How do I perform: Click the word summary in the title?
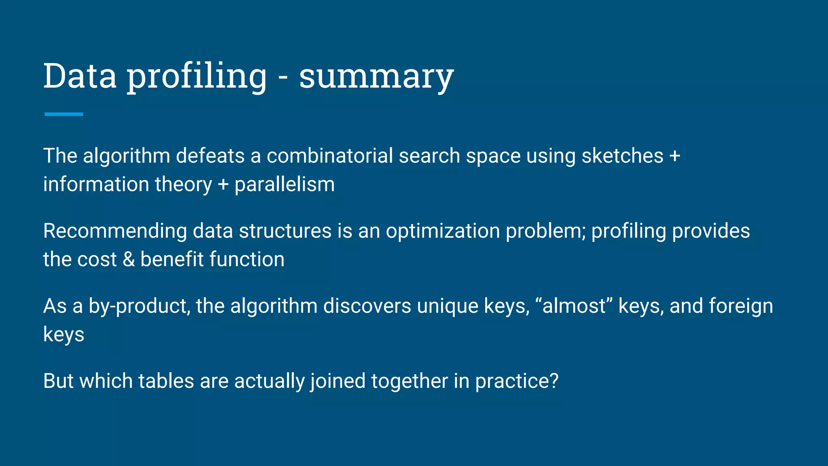(376, 77)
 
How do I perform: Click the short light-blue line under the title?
(63, 114)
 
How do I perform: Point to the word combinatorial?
(330, 156)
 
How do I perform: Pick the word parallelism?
(285, 184)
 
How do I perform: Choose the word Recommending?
(115, 231)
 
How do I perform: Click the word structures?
(285, 231)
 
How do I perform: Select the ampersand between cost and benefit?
(129, 259)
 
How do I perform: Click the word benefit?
(172, 259)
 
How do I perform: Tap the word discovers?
(367, 306)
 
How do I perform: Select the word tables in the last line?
(166, 381)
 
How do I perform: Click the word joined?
(338, 381)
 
